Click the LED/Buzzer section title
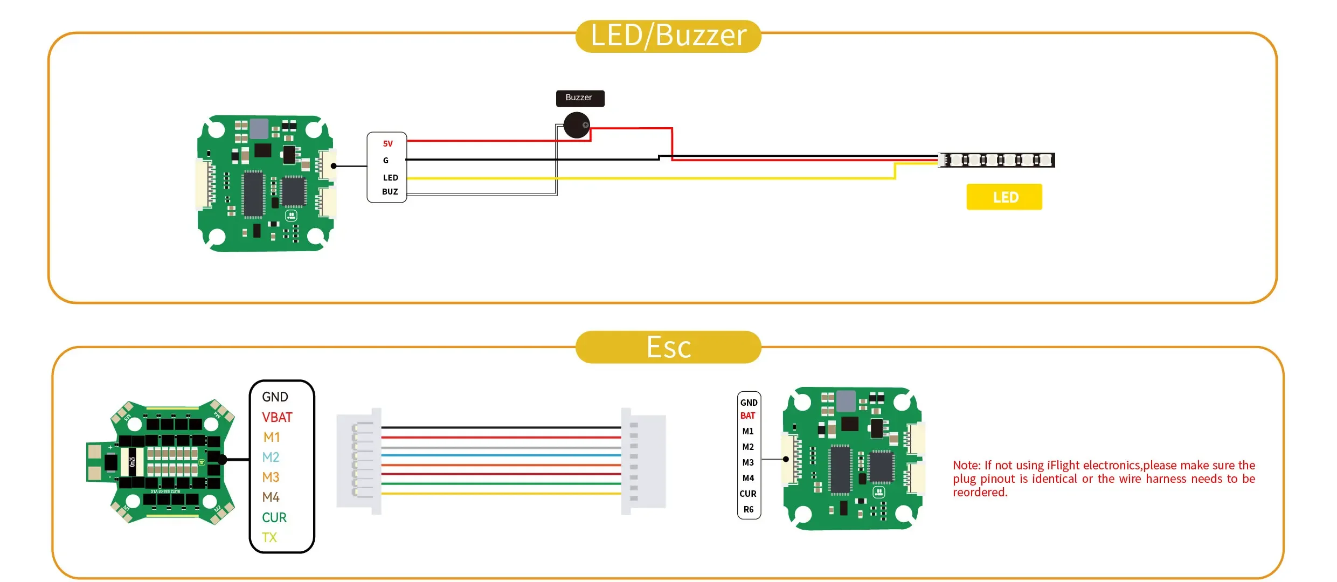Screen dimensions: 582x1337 coord(668,36)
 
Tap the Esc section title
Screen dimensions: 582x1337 coord(668,347)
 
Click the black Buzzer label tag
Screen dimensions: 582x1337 coord(580,98)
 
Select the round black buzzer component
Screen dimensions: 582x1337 coord(577,125)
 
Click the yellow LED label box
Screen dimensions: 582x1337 coord(1004,197)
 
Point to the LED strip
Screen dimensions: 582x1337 coord(996,160)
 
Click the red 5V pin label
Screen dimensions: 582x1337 coord(388,144)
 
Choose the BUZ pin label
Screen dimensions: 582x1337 coord(390,192)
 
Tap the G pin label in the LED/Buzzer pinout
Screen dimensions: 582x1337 coord(386,161)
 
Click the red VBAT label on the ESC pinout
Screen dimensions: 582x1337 coord(277,418)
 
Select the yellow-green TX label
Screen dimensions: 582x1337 coord(269,537)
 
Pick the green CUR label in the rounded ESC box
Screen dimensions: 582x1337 coord(274,517)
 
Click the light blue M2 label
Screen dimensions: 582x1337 coord(271,458)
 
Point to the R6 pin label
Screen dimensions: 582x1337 coord(749,510)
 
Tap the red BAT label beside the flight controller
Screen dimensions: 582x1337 coord(747,416)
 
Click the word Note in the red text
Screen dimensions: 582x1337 coord(966,466)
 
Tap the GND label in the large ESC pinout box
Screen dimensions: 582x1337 coord(275,397)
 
